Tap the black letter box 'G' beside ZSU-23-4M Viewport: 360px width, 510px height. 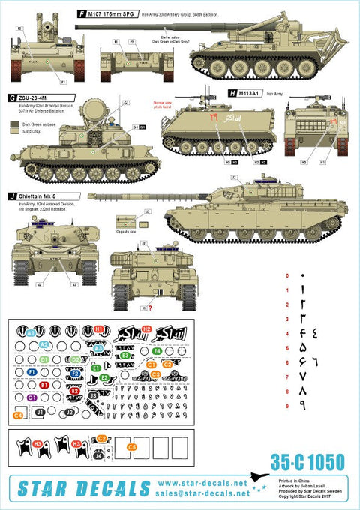[12, 98]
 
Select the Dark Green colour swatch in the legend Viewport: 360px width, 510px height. [15, 123]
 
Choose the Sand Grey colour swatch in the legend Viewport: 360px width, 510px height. [15, 130]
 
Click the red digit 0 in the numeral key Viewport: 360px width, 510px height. [286, 276]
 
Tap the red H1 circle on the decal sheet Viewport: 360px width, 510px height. [98, 329]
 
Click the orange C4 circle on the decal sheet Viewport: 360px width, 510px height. [17, 414]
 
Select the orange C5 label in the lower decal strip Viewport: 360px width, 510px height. [132, 447]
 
